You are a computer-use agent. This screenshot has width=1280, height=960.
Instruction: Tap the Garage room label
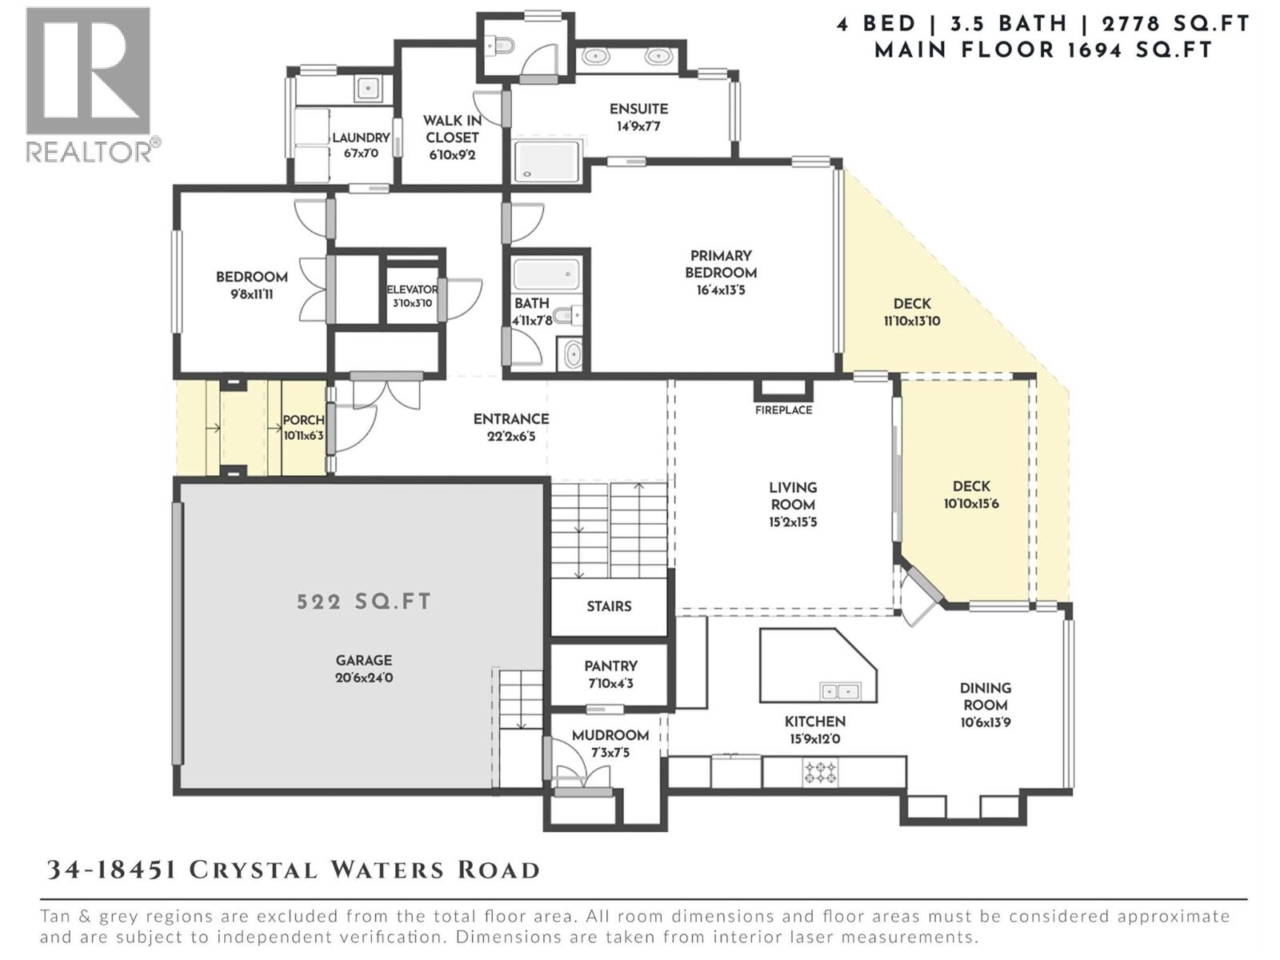(364, 661)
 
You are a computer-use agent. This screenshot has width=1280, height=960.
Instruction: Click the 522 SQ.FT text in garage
(364, 602)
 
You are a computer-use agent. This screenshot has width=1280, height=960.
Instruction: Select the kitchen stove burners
(821, 773)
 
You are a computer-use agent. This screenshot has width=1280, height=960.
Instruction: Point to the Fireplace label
(783, 410)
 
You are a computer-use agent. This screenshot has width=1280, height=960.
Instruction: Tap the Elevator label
(412, 290)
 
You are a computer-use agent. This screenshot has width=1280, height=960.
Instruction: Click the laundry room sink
(368, 86)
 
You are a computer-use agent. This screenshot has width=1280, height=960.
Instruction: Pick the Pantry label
(610, 666)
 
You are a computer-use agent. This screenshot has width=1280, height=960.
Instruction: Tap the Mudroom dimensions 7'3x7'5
(610, 753)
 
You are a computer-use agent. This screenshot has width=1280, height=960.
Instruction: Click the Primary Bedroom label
(721, 264)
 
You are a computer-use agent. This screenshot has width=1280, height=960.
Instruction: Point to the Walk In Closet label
(452, 129)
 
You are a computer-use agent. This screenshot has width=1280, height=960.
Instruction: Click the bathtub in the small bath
(547, 274)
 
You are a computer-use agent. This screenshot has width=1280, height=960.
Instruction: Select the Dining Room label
(985, 696)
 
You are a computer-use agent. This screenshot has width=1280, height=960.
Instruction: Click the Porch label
(303, 420)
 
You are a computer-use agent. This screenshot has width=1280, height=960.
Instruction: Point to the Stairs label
(609, 606)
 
